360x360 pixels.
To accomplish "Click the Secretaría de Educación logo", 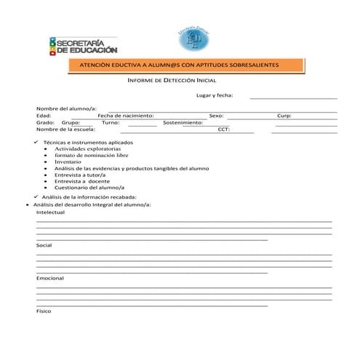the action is point(82,46).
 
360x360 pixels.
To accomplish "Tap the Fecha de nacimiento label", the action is point(125,115).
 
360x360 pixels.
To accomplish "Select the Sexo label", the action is point(216,115).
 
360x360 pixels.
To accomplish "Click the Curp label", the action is point(284,115).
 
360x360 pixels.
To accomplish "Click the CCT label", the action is point(224,129).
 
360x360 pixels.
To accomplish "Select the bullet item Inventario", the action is point(68,161).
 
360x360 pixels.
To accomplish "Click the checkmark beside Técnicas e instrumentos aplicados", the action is point(37,143).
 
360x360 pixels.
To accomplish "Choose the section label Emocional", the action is point(49,278).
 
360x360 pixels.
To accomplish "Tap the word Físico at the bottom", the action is point(44,311).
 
